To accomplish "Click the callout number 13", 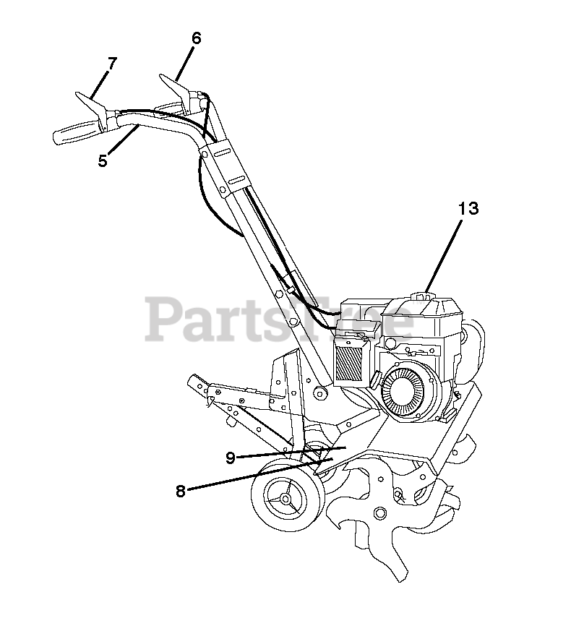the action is pyautogui.click(x=468, y=208).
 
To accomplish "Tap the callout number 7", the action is pyautogui.click(x=111, y=64).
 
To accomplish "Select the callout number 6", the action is pyautogui.click(x=196, y=38).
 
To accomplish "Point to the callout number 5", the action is pyautogui.click(x=103, y=160).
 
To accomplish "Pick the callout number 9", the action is pyautogui.click(x=231, y=458).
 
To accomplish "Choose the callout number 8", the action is pyautogui.click(x=181, y=491).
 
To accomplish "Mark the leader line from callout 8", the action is pyautogui.click(x=253, y=474).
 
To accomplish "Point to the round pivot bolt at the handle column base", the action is pyautogui.click(x=318, y=392).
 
